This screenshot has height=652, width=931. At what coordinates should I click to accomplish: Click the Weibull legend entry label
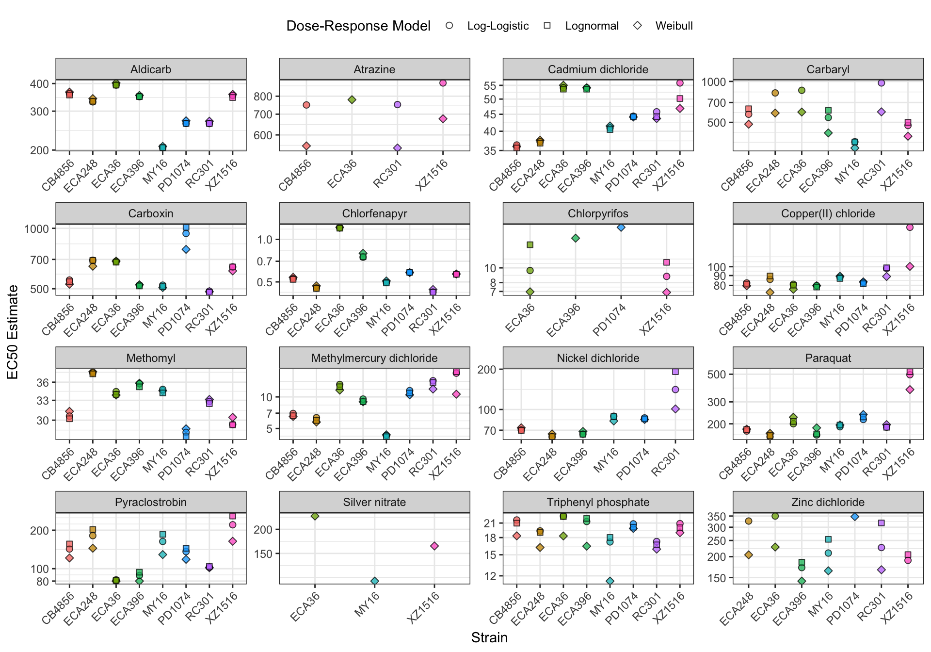pos(674,26)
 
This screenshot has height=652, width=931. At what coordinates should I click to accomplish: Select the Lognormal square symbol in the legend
pos(547,26)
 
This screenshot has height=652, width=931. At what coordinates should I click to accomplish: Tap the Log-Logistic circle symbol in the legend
pos(449,26)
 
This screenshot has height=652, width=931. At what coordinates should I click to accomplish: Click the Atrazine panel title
pos(374,69)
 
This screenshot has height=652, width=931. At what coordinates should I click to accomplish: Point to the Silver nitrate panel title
pos(374,502)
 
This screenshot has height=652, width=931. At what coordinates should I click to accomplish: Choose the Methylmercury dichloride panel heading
pos(374,358)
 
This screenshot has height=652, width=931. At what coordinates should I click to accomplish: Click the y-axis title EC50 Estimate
pos(13,332)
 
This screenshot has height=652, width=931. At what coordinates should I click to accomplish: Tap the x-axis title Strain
pos(489,637)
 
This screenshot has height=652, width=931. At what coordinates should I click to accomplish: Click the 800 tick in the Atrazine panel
pos(263,97)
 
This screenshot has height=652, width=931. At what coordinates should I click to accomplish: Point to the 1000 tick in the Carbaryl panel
pos(714,82)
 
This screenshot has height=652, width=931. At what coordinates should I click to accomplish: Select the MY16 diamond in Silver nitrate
pos(375,581)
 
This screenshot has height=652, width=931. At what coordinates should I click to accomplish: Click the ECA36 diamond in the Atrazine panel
pos(352,100)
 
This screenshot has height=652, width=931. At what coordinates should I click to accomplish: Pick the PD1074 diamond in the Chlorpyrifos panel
pos(621,227)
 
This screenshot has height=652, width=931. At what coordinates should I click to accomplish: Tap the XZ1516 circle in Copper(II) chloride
pos(910,228)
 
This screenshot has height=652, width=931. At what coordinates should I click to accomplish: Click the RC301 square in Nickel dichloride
pos(675,372)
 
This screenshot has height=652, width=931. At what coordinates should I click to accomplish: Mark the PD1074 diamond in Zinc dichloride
pos(855,517)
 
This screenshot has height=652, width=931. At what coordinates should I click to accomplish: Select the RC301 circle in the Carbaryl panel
pos(882,83)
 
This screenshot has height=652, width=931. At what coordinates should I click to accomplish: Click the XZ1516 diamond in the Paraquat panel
pos(910,390)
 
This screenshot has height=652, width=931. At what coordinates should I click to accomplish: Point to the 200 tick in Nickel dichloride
pos(487,370)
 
